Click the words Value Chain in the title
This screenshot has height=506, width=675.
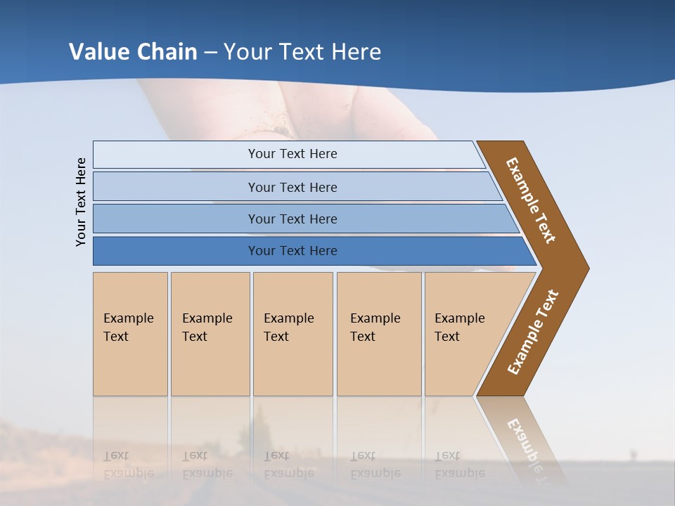(x=133, y=52)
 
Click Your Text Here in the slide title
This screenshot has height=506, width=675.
(x=302, y=52)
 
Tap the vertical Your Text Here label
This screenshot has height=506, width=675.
(x=81, y=202)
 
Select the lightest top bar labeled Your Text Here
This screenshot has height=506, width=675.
(x=292, y=154)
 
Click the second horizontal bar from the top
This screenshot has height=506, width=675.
(x=292, y=187)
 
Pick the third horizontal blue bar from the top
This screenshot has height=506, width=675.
(x=292, y=219)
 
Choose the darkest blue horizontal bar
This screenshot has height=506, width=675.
(x=292, y=251)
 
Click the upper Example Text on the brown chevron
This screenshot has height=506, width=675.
(x=531, y=200)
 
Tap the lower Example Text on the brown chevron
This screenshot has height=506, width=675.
(x=532, y=332)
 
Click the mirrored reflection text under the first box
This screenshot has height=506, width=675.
(x=128, y=465)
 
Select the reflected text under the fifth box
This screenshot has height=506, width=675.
(x=459, y=465)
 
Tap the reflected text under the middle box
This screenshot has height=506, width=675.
(x=288, y=465)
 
